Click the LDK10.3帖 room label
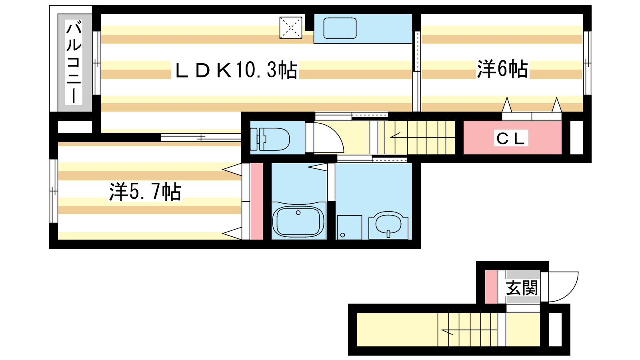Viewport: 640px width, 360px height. (x=236, y=70)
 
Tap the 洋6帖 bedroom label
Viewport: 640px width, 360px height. (x=502, y=69)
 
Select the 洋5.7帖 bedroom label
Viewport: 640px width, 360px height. (x=145, y=192)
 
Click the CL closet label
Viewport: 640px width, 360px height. (x=510, y=138)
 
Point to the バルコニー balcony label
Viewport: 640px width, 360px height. (x=74, y=62)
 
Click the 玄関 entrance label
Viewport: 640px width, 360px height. (x=522, y=288)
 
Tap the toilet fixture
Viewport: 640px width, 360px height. (x=270, y=139)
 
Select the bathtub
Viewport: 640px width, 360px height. (x=298, y=222)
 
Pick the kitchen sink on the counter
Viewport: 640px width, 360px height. (x=340, y=28)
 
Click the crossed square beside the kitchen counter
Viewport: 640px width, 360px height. (x=290, y=28)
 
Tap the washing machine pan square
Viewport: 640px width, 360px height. (x=349, y=227)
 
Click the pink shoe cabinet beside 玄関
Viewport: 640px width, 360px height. (x=491, y=287)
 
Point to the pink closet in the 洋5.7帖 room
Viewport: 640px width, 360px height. (x=256, y=201)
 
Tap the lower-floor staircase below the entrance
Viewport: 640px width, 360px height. (x=468, y=329)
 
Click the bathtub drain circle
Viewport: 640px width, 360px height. (x=298, y=213)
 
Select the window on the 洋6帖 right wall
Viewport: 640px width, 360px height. (x=586, y=63)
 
